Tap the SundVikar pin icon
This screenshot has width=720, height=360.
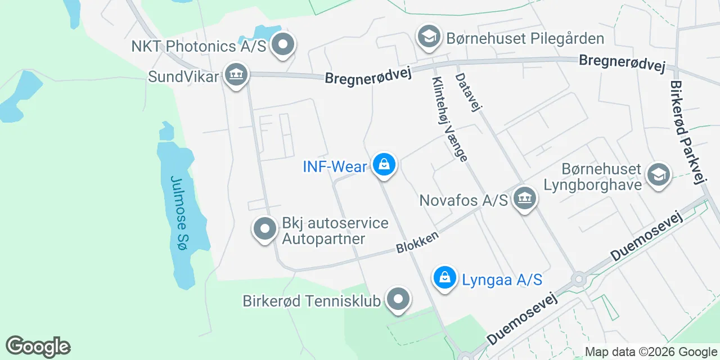click(x=236, y=75)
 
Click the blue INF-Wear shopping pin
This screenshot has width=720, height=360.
click(x=384, y=165)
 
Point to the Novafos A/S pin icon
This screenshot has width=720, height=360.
click(x=525, y=199)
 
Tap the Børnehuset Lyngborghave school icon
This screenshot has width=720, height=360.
click(x=658, y=174)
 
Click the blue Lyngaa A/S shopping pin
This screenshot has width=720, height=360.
click(x=445, y=277)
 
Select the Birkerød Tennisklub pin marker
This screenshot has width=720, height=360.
click(x=398, y=299)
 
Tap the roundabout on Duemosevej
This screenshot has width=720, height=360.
click(x=578, y=279)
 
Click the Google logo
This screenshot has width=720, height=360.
click(x=38, y=346)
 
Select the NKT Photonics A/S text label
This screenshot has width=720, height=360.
click(x=199, y=46)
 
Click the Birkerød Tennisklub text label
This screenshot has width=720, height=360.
click(x=312, y=301)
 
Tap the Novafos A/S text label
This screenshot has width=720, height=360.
click(x=463, y=200)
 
